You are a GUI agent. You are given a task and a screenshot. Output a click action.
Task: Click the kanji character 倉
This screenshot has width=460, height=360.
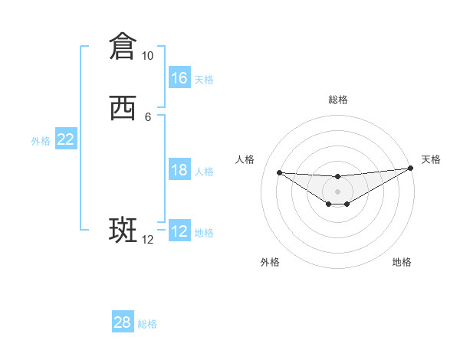coord(123,46)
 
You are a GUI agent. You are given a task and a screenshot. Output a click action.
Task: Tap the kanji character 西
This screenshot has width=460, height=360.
coord(123,110)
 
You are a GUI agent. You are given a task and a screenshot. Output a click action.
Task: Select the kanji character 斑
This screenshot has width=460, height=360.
coord(123,231)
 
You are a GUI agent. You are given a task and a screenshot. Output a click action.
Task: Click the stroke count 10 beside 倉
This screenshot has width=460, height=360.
coord(147,56)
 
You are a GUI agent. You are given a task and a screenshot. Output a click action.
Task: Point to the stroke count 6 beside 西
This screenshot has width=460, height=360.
coord(147,116)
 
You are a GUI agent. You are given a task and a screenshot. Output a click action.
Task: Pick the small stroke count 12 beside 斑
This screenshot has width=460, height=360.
coord(147,240)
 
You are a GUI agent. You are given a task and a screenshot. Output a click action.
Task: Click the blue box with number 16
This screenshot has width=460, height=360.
coord(179,78)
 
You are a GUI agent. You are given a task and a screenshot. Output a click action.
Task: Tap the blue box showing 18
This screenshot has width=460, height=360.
coord(179,170)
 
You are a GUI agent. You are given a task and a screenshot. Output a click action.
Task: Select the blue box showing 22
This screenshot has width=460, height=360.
coord(66,139)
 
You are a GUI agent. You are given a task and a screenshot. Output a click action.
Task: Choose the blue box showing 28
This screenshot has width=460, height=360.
coord(123,322)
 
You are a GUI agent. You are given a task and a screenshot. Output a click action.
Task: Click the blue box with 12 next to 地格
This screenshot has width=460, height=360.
coord(179,231)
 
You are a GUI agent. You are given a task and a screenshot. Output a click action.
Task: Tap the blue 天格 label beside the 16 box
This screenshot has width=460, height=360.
coord(204,79)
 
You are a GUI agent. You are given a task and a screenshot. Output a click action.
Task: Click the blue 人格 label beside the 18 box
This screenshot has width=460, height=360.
coord(204,171)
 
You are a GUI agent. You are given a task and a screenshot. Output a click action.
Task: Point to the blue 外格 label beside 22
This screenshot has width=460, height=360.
coord(41,140)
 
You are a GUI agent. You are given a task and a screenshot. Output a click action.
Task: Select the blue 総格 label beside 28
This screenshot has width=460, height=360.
coord(147,323)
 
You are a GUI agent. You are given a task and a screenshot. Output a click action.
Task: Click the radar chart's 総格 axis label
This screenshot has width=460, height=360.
coord(337,100)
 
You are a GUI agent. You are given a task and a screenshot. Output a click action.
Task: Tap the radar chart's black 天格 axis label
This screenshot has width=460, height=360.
coord(431,159)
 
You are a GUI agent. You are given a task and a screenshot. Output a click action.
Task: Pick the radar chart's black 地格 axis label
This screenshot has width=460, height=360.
coord(402,262)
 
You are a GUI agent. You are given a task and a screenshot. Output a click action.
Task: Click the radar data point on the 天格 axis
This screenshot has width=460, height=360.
coord(411,169)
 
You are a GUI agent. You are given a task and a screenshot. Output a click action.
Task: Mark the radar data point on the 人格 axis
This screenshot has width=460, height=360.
coord(279,172)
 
